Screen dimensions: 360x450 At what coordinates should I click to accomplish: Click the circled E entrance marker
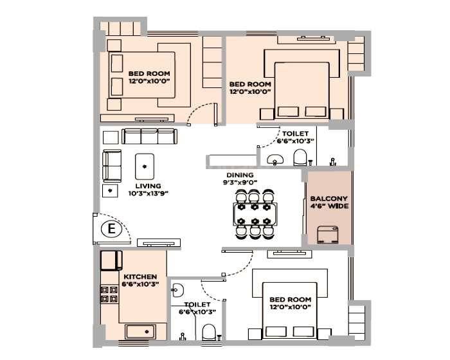pos(112,229)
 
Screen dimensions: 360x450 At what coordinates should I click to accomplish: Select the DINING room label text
pos(239,175)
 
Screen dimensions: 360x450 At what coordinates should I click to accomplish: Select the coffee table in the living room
pos(145,166)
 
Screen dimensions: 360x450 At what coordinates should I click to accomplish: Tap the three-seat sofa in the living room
pos(149,136)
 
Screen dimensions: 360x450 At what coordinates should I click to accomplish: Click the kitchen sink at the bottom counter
pos(140,332)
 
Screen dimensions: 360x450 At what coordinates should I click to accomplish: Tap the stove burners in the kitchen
pos(109,294)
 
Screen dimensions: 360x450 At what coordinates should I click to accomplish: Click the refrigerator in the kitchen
pos(111,260)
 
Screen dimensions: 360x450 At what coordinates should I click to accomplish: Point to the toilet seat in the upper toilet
pos(300,157)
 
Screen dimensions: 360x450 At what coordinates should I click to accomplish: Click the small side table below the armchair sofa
pos(111,191)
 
